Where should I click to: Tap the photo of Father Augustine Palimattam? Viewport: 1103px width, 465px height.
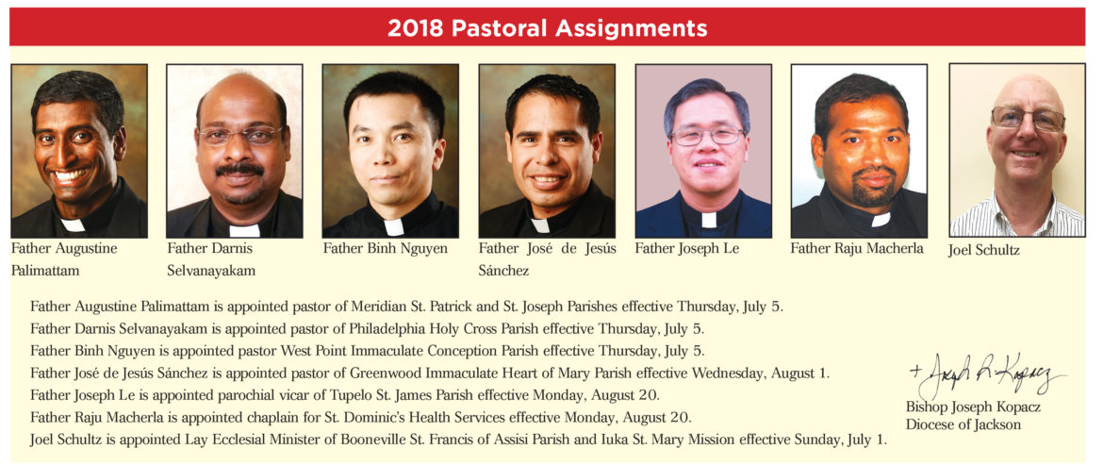click(79, 151)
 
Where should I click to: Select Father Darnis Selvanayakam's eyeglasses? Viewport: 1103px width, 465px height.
click(235, 135)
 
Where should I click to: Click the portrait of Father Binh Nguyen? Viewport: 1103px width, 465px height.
click(390, 151)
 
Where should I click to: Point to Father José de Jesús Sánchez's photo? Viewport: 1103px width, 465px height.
click(547, 151)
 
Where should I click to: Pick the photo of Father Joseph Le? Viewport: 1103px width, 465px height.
click(703, 151)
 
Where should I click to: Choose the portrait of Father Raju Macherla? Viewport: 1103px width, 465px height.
click(859, 151)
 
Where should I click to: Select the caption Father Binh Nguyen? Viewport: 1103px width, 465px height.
click(385, 249)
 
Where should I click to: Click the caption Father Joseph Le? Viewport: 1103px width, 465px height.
click(686, 249)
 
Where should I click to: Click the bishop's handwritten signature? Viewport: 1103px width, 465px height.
click(985, 378)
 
